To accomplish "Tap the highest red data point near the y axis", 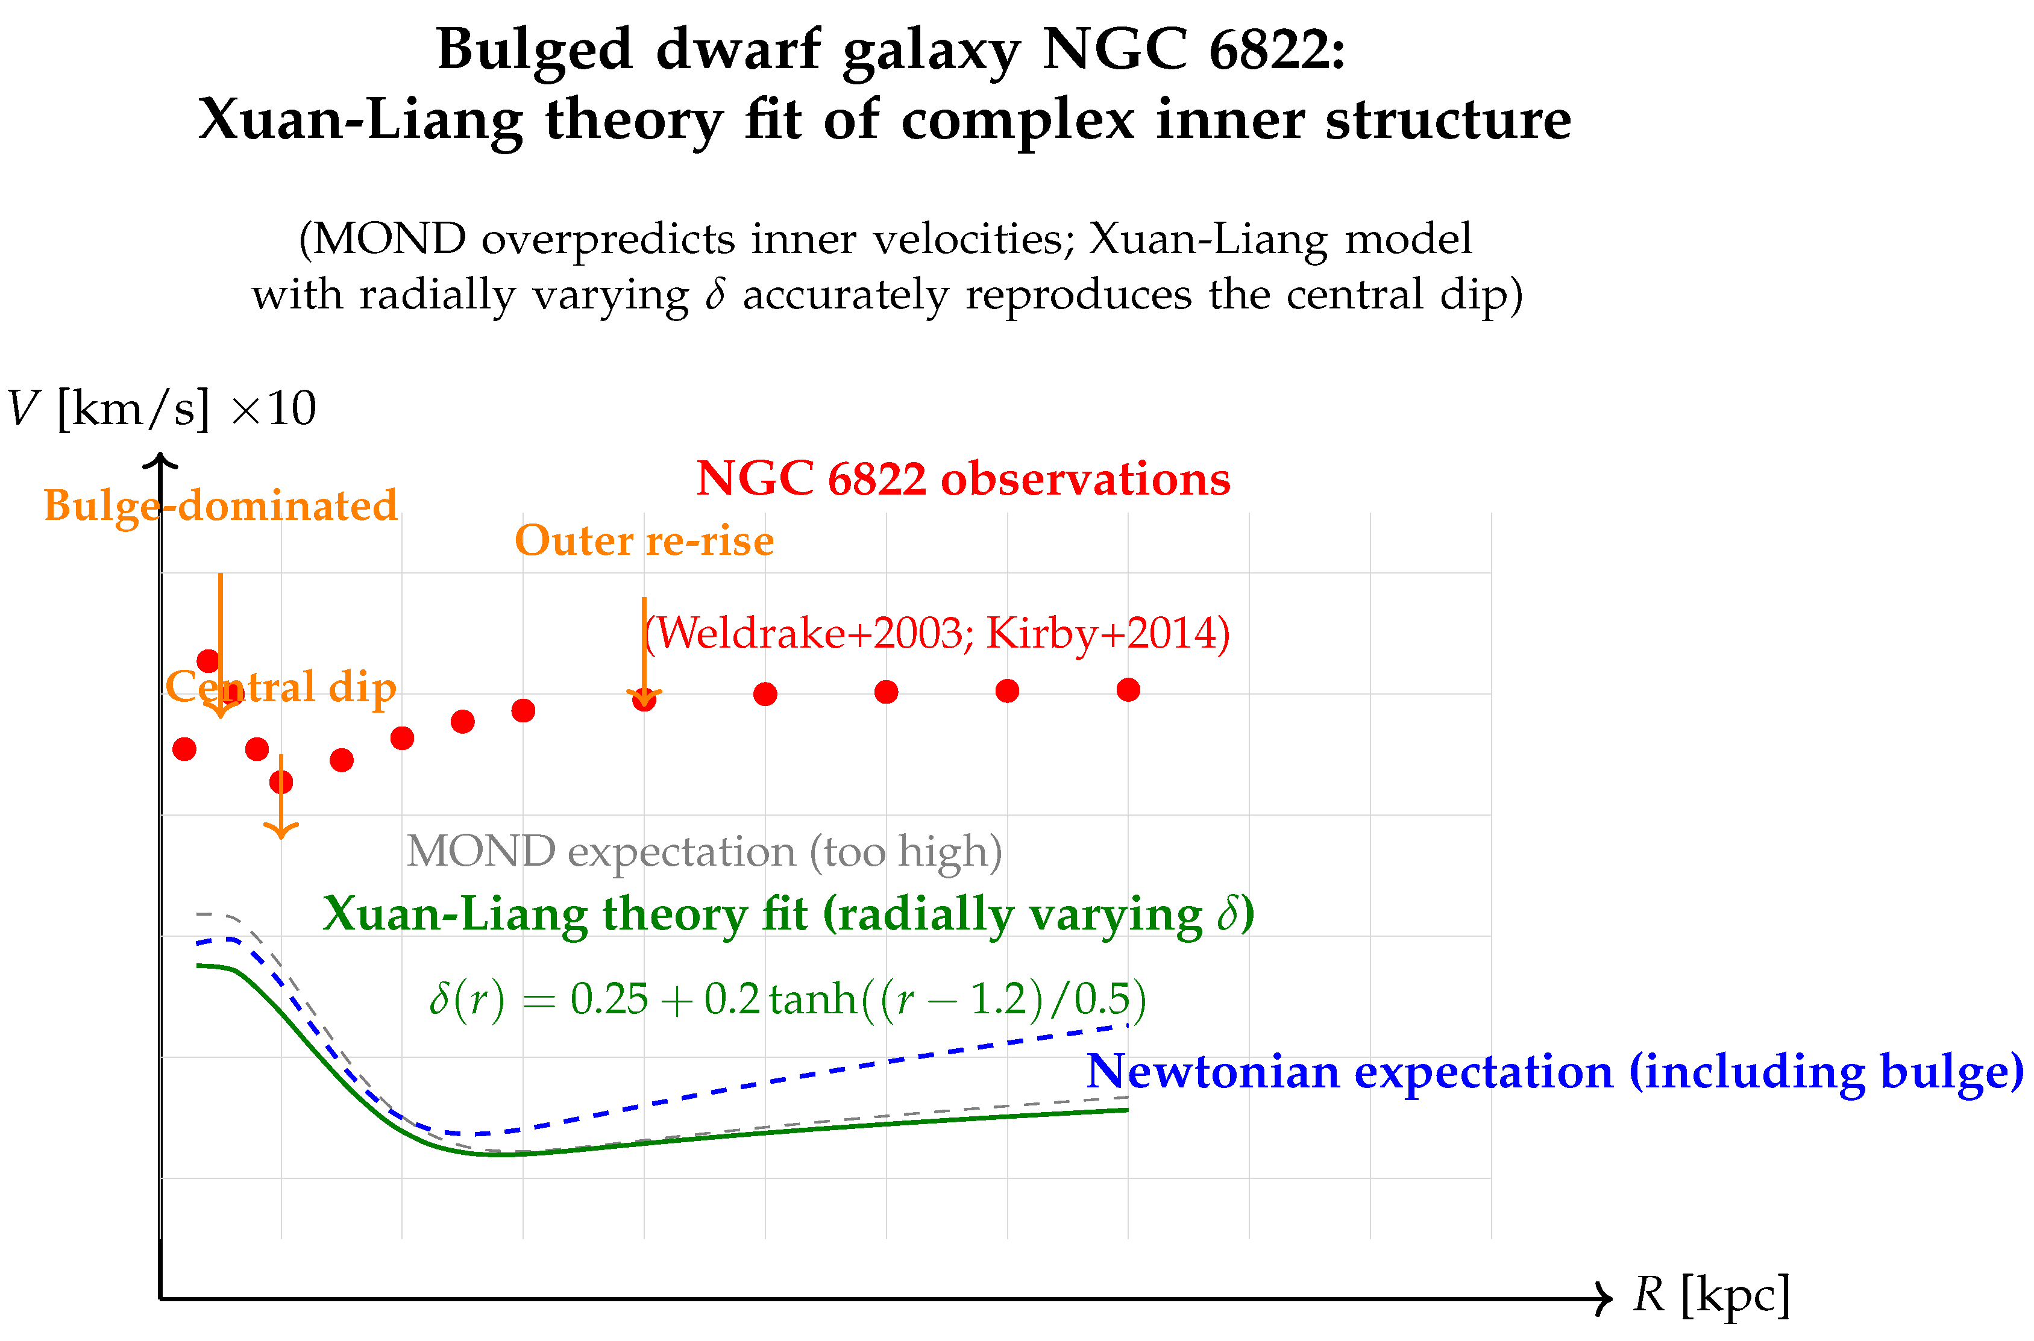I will click(208, 660).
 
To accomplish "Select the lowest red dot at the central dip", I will click(281, 782).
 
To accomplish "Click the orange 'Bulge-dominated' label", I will click(221, 505).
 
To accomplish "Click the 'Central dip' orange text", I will click(281, 687).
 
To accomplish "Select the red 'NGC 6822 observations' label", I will click(962, 478).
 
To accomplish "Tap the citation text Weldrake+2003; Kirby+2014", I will click(936, 634).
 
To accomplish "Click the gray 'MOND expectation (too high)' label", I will click(703, 851).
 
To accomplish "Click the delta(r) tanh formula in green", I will click(787, 998).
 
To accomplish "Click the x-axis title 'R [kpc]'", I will click(1712, 1294).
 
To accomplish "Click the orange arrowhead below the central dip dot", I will click(281, 830).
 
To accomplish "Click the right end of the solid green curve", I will click(1128, 1110).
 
